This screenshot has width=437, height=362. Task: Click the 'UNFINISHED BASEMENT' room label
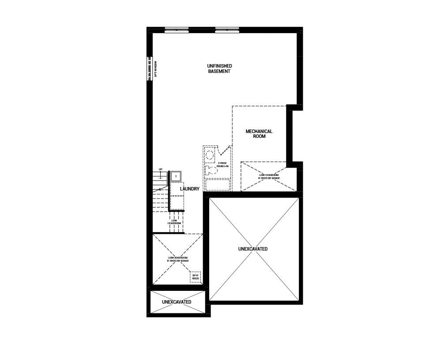pyautogui.click(x=219, y=69)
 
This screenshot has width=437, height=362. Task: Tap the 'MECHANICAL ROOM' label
pyautogui.click(x=259, y=134)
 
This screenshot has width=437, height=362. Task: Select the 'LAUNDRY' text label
pyautogui.click(x=190, y=189)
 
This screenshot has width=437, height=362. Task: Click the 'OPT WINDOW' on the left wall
pyautogui.click(x=151, y=69)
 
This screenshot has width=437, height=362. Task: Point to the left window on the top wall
pyautogui.click(x=177, y=30)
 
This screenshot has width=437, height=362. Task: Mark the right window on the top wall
pyautogui.click(x=227, y=30)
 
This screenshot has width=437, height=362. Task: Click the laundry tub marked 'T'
pyautogui.click(x=176, y=176)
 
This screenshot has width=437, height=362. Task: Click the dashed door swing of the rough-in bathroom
pyautogui.click(x=225, y=151)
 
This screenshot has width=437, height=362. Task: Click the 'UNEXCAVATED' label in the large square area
pyautogui.click(x=252, y=249)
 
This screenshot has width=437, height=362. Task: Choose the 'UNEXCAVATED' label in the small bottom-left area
pyautogui.click(x=177, y=302)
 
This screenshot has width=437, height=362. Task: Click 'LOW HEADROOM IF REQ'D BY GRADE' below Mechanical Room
pyautogui.click(x=268, y=177)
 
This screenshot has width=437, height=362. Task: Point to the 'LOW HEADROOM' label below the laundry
pyautogui.click(x=175, y=222)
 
